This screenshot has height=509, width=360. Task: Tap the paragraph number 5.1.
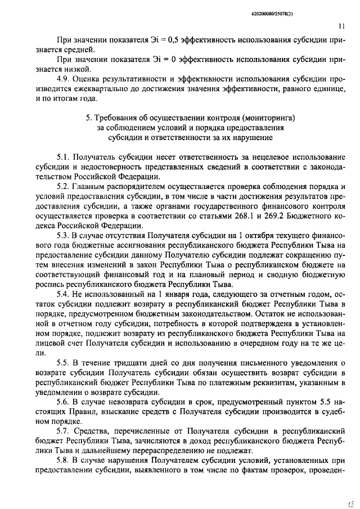pyautogui.click(x=65, y=157)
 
